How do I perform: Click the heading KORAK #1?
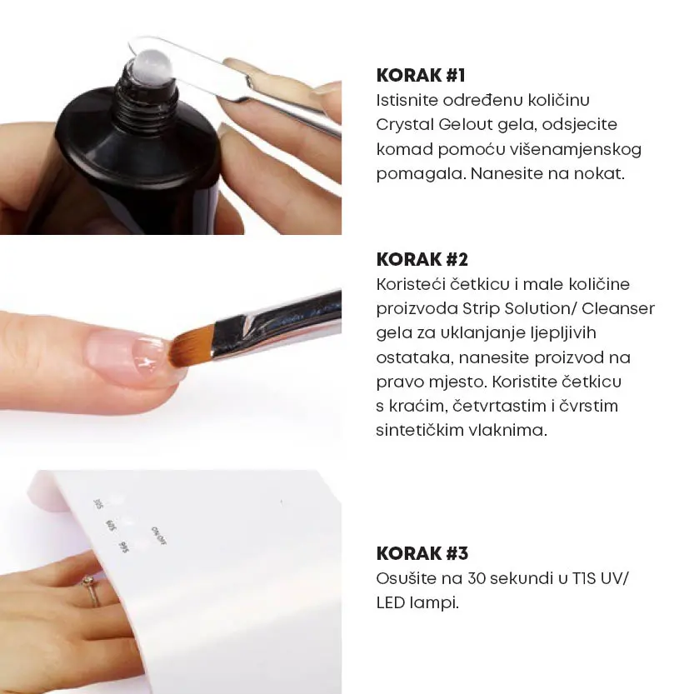click(421, 75)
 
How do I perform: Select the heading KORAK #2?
click(422, 259)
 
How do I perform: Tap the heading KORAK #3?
click(422, 553)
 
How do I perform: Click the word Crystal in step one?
click(405, 125)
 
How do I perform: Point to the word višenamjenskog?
click(575, 150)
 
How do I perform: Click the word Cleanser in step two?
click(618, 308)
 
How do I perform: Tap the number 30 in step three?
click(477, 578)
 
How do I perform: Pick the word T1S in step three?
click(584, 578)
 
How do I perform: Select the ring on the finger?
click(92, 591)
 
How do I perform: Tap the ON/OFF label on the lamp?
click(159, 536)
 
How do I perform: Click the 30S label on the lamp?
click(98, 504)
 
